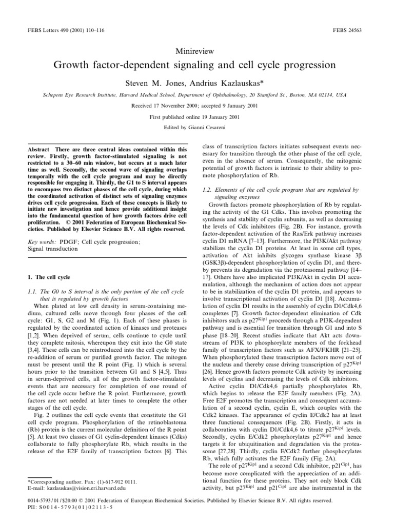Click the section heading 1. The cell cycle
tap(47, 277)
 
